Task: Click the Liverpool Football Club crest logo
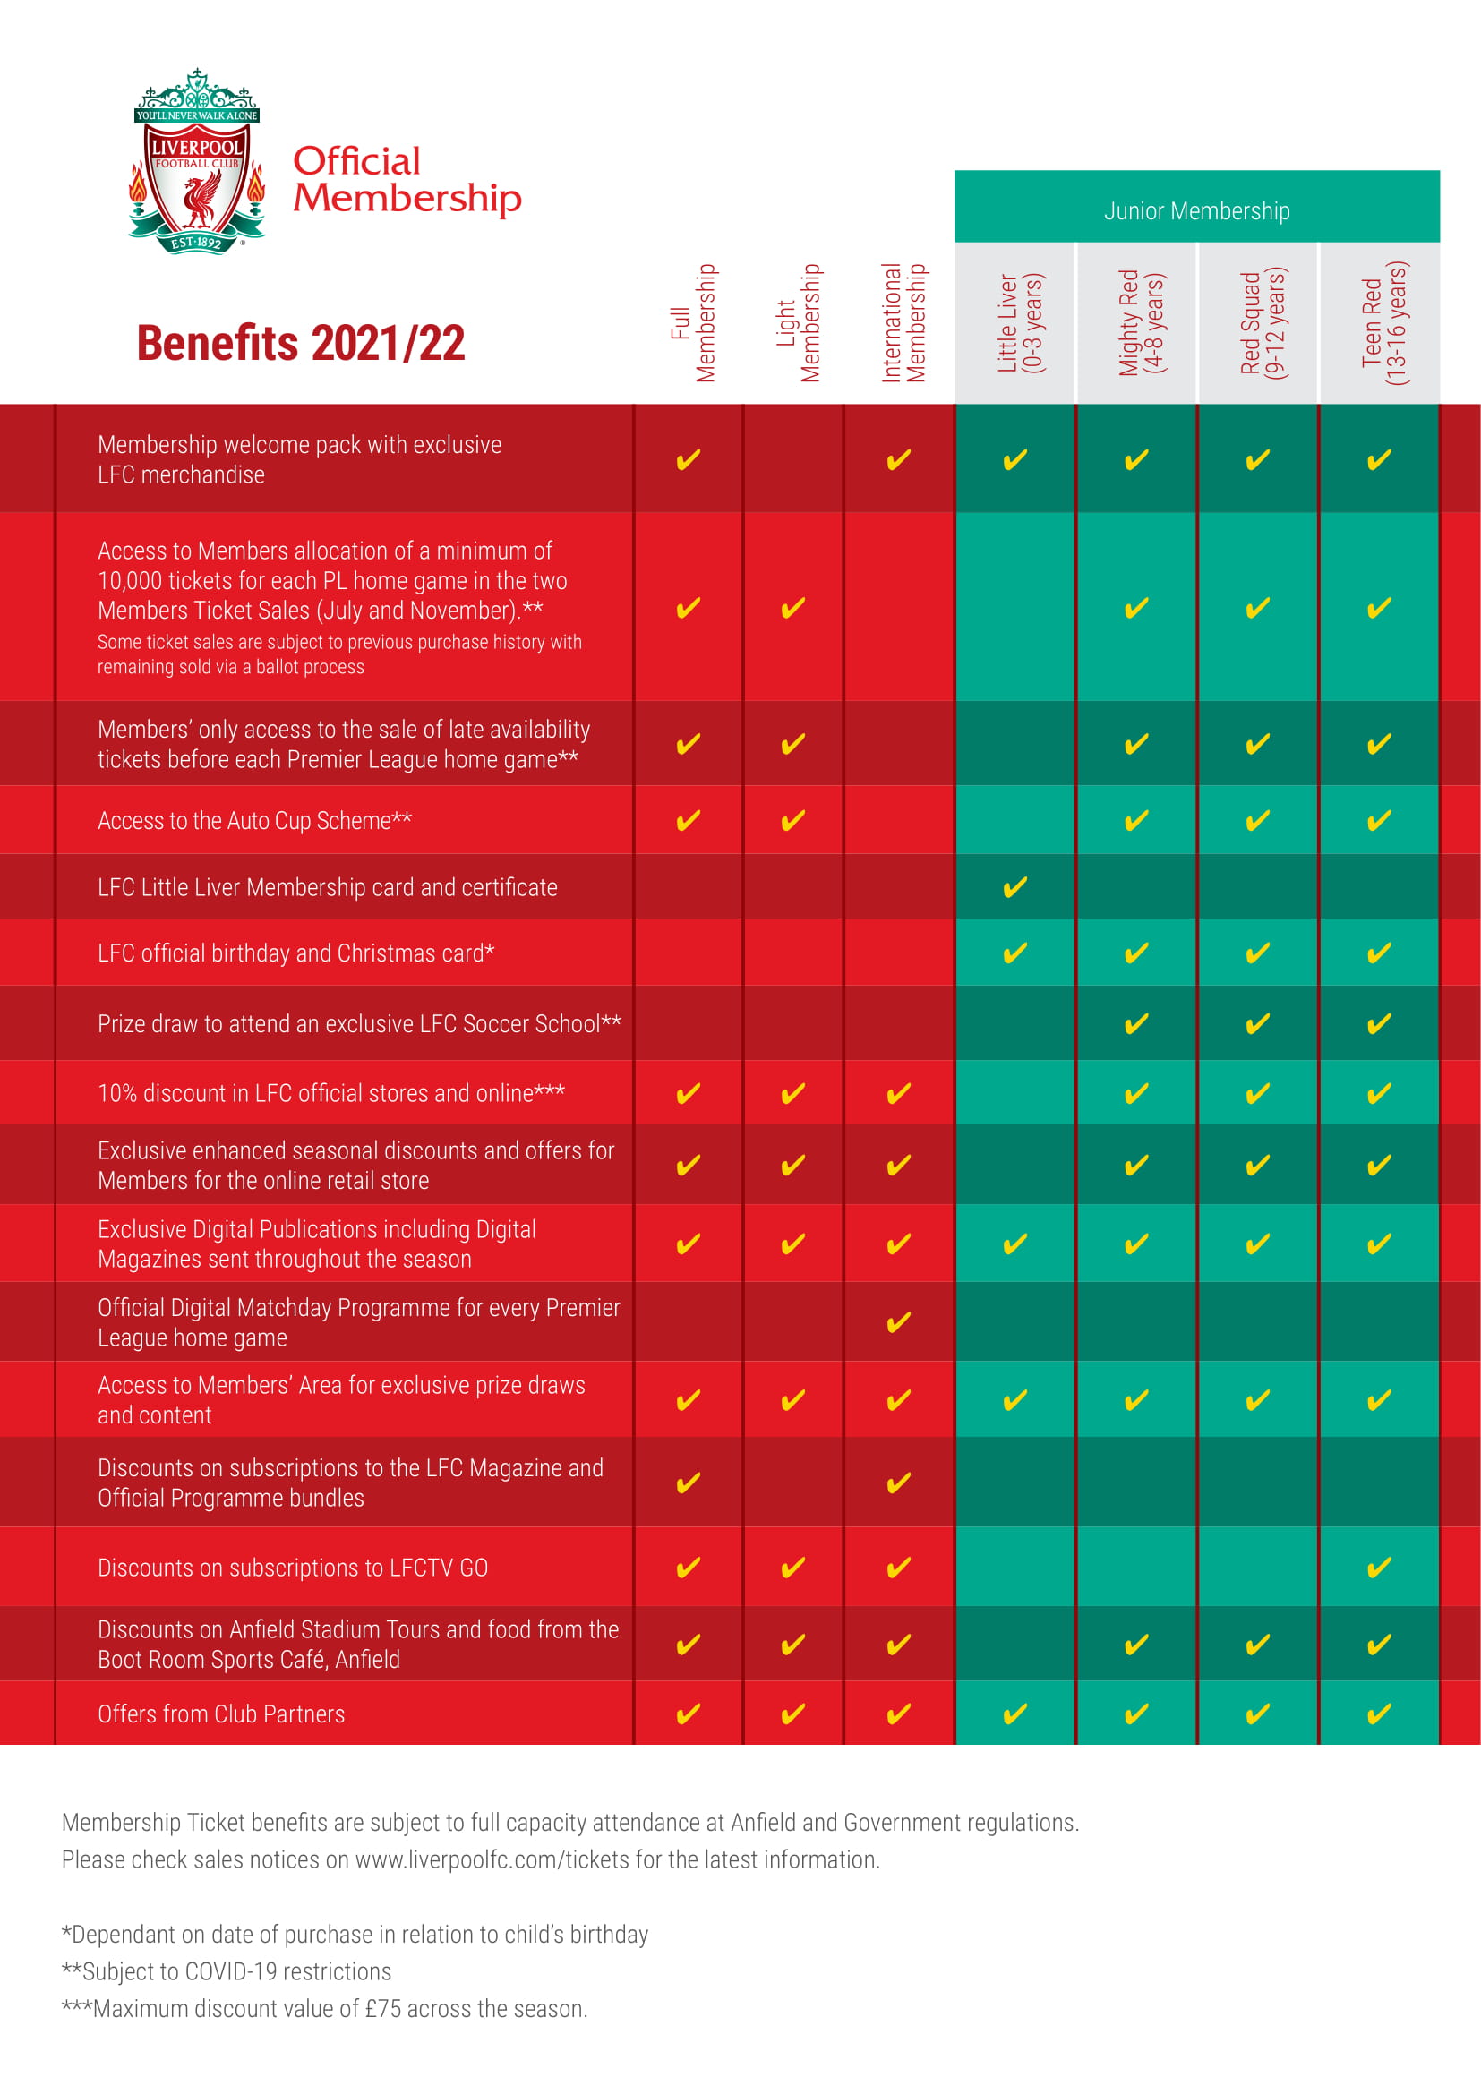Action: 197,162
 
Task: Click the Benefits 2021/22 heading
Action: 301,344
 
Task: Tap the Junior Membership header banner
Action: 1196,210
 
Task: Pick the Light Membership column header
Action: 798,323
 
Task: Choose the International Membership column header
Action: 903,323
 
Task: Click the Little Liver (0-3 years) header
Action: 1020,323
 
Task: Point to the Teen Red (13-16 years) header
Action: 1384,323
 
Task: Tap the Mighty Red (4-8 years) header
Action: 1141,323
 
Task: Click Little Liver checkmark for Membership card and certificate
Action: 1015,886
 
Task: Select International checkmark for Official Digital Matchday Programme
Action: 898,1321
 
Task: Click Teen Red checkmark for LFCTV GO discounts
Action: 1379,1567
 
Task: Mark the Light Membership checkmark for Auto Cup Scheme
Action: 792,820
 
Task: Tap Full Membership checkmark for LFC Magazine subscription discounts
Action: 688,1482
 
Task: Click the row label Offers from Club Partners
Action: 221,1714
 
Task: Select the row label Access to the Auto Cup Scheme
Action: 254,821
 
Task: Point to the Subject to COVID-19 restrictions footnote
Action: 227,1970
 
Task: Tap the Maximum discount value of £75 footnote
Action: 325,2008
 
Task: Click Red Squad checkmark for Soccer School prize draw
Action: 1257,1023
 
